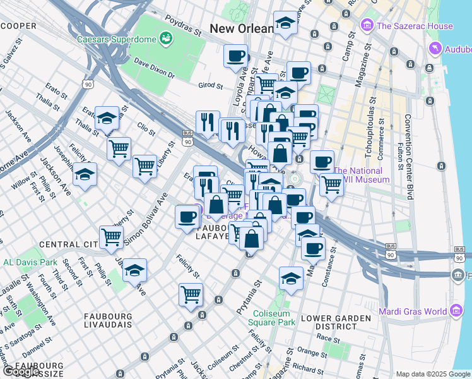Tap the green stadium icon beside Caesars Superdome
tap(167, 39)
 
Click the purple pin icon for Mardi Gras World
tap(457, 310)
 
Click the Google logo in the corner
tap(21, 371)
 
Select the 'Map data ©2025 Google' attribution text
tap(433, 374)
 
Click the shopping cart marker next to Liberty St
tap(145, 165)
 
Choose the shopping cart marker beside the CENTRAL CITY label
tap(112, 237)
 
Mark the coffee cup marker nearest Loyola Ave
tap(235, 56)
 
